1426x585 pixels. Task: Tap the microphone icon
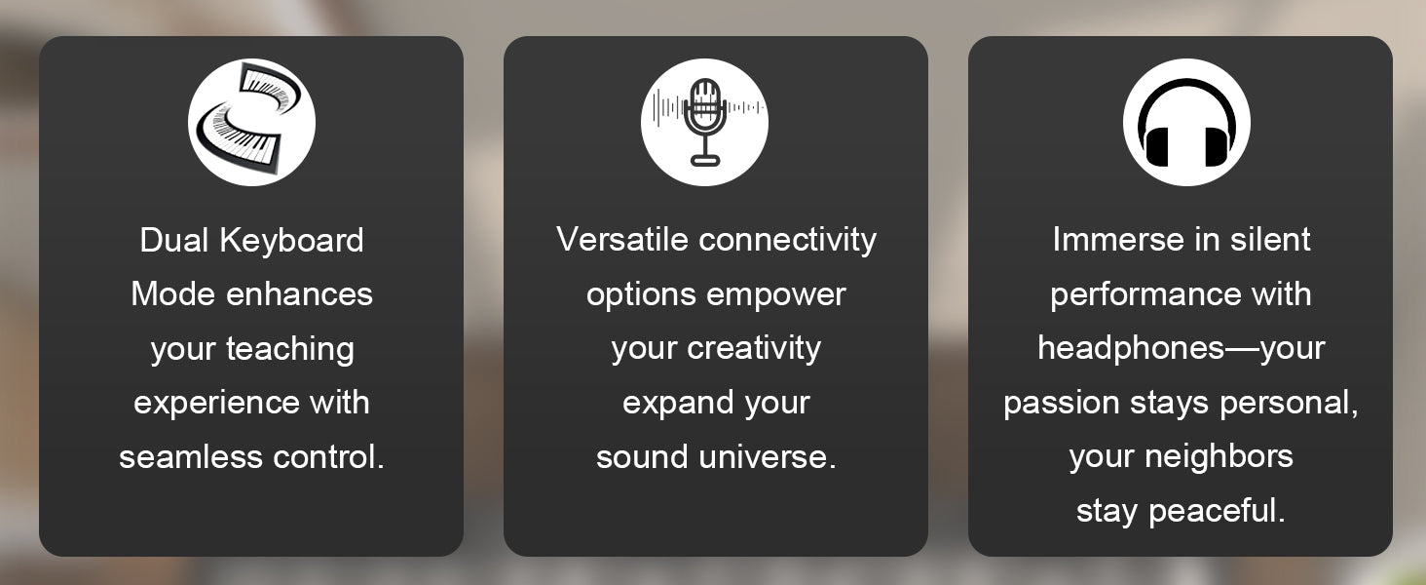point(705,121)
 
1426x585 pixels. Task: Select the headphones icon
point(1186,122)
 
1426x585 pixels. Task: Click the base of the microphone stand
point(705,161)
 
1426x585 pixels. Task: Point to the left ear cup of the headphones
point(1156,147)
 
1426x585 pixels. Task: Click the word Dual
point(173,241)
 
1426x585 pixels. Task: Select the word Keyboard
point(291,241)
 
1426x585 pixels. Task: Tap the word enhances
point(299,294)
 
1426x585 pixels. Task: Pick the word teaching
point(289,349)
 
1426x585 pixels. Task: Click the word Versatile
point(622,240)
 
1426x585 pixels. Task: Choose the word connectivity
point(787,241)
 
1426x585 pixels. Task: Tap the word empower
point(776,295)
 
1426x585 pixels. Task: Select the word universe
point(768,457)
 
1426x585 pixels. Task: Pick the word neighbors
point(1219,456)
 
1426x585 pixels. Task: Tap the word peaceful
point(1217,512)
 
